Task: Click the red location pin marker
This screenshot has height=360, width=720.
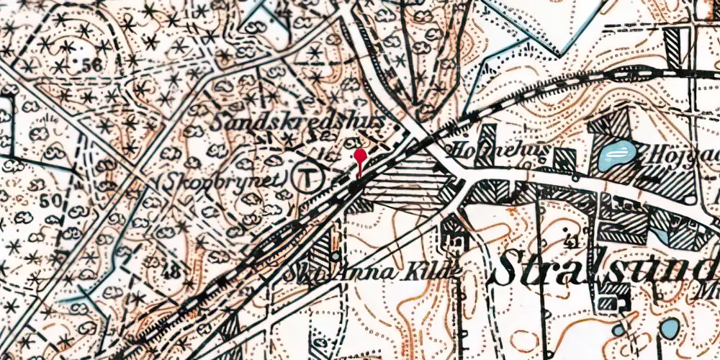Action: pos(361,156)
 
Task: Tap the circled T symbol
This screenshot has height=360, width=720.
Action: pos(310,175)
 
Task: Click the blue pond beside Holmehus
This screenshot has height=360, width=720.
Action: pos(616,153)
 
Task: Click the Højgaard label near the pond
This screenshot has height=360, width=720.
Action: pos(684,153)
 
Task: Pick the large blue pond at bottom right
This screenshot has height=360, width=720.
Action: pos(669,330)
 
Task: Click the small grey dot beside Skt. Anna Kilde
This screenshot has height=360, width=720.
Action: pos(336,256)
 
